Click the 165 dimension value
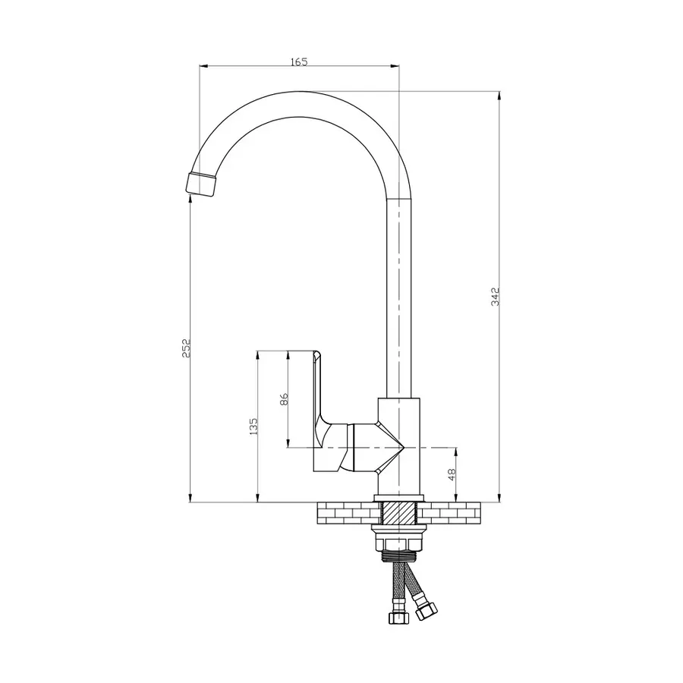point(299,62)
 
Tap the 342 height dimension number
point(496,296)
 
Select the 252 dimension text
point(186,348)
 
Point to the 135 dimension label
point(254,426)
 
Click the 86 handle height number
point(284,399)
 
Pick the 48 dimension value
point(452,474)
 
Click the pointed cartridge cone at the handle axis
point(391,447)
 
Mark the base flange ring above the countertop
point(399,499)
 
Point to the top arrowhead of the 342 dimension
point(499,96)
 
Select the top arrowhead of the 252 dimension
point(190,199)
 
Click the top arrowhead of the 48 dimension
point(456,452)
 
